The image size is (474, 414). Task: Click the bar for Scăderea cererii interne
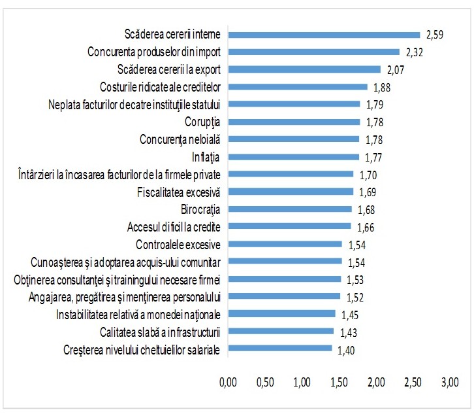(324, 34)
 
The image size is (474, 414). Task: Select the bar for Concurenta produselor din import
(313, 51)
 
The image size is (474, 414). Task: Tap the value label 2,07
(397, 69)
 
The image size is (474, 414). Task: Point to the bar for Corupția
(294, 122)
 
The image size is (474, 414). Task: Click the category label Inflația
(205, 157)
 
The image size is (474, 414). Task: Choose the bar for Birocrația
(290, 209)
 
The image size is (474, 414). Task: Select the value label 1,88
(383, 87)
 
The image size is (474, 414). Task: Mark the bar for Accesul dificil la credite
(289, 227)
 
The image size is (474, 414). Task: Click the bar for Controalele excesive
(285, 245)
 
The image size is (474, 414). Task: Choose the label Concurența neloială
(181, 139)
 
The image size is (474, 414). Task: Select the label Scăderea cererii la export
(169, 69)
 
